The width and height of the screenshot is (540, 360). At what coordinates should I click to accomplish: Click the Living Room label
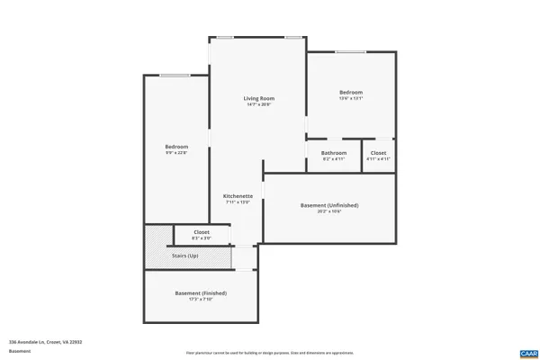pyautogui.click(x=258, y=98)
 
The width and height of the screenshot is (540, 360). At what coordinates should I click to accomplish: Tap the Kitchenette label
pyautogui.click(x=238, y=195)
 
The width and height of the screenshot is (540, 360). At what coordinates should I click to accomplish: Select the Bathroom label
pyautogui.click(x=334, y=153)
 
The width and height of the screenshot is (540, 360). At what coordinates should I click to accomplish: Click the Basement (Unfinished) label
pyautogui.click(x=328, y=205)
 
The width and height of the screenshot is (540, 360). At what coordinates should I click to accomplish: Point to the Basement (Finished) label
pyautogui.click(x=201, y=293)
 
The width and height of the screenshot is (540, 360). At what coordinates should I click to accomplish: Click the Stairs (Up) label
pyautogui.click(x=184, y=256)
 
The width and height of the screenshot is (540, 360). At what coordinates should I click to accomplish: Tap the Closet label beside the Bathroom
pyautogui.click(x=378, y=153)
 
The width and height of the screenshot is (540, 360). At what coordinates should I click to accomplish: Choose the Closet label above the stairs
pyautogui.click(x=202, y=232)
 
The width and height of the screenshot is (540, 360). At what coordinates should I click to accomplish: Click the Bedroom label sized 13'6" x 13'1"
pyautogui.click(x=351, y=93)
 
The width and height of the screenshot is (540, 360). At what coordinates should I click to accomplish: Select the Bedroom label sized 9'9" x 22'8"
pyautogui.click(x=176, y=147)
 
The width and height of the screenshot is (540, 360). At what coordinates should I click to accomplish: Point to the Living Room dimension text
pyautogui.click(x=258, y=104)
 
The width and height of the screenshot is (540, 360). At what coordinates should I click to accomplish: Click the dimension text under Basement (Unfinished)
pyautogui.click(x=328, y=211)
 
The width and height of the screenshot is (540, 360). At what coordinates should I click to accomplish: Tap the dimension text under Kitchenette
pyautogui.click(x=238, y=202)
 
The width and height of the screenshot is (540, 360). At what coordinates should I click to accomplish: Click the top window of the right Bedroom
pyautogui.click(x=350, y=52)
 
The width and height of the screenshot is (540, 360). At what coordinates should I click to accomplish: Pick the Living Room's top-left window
pyautogui.click(x=224, y=37)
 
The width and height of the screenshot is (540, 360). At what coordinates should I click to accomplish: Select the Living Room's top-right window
pyautogui.click(x=293, y=37)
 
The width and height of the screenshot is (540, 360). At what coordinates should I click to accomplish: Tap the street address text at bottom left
pyautogui.click(x=39, y=342)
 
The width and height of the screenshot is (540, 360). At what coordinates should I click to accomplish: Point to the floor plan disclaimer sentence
pyautogui.click(x=269, y=352)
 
